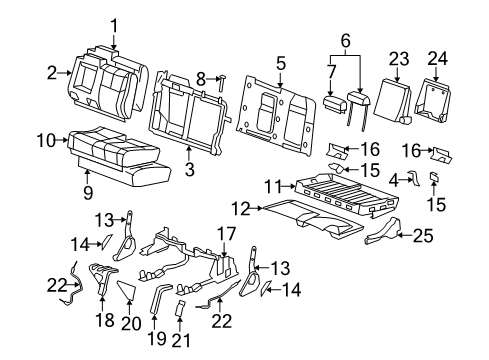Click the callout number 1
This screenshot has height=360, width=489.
click(114, 25)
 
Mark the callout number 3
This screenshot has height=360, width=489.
click(189, 172)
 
